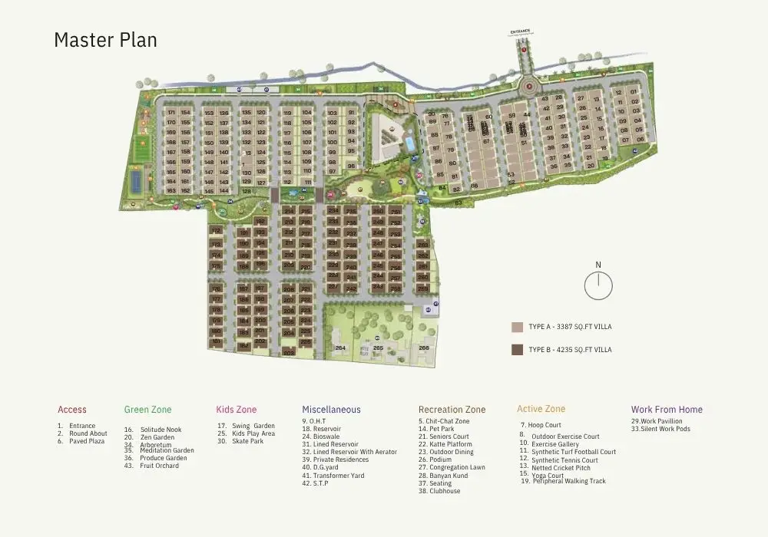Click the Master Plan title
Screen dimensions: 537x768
point(105,40)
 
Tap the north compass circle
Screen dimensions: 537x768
point(598,285)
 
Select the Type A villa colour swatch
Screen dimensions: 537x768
point(517,327)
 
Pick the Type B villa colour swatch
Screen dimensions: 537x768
point(517,350)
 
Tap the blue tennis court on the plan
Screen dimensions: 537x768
point(136,180)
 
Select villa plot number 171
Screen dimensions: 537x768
point(171,113)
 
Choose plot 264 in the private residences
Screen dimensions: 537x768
point(340,348)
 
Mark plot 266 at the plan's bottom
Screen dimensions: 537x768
point(424,348)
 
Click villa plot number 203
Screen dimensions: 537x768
point(288,354)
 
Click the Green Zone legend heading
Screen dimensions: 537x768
point(148,410)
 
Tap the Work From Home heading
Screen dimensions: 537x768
point(667,410)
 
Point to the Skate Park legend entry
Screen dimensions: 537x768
point(247,441)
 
